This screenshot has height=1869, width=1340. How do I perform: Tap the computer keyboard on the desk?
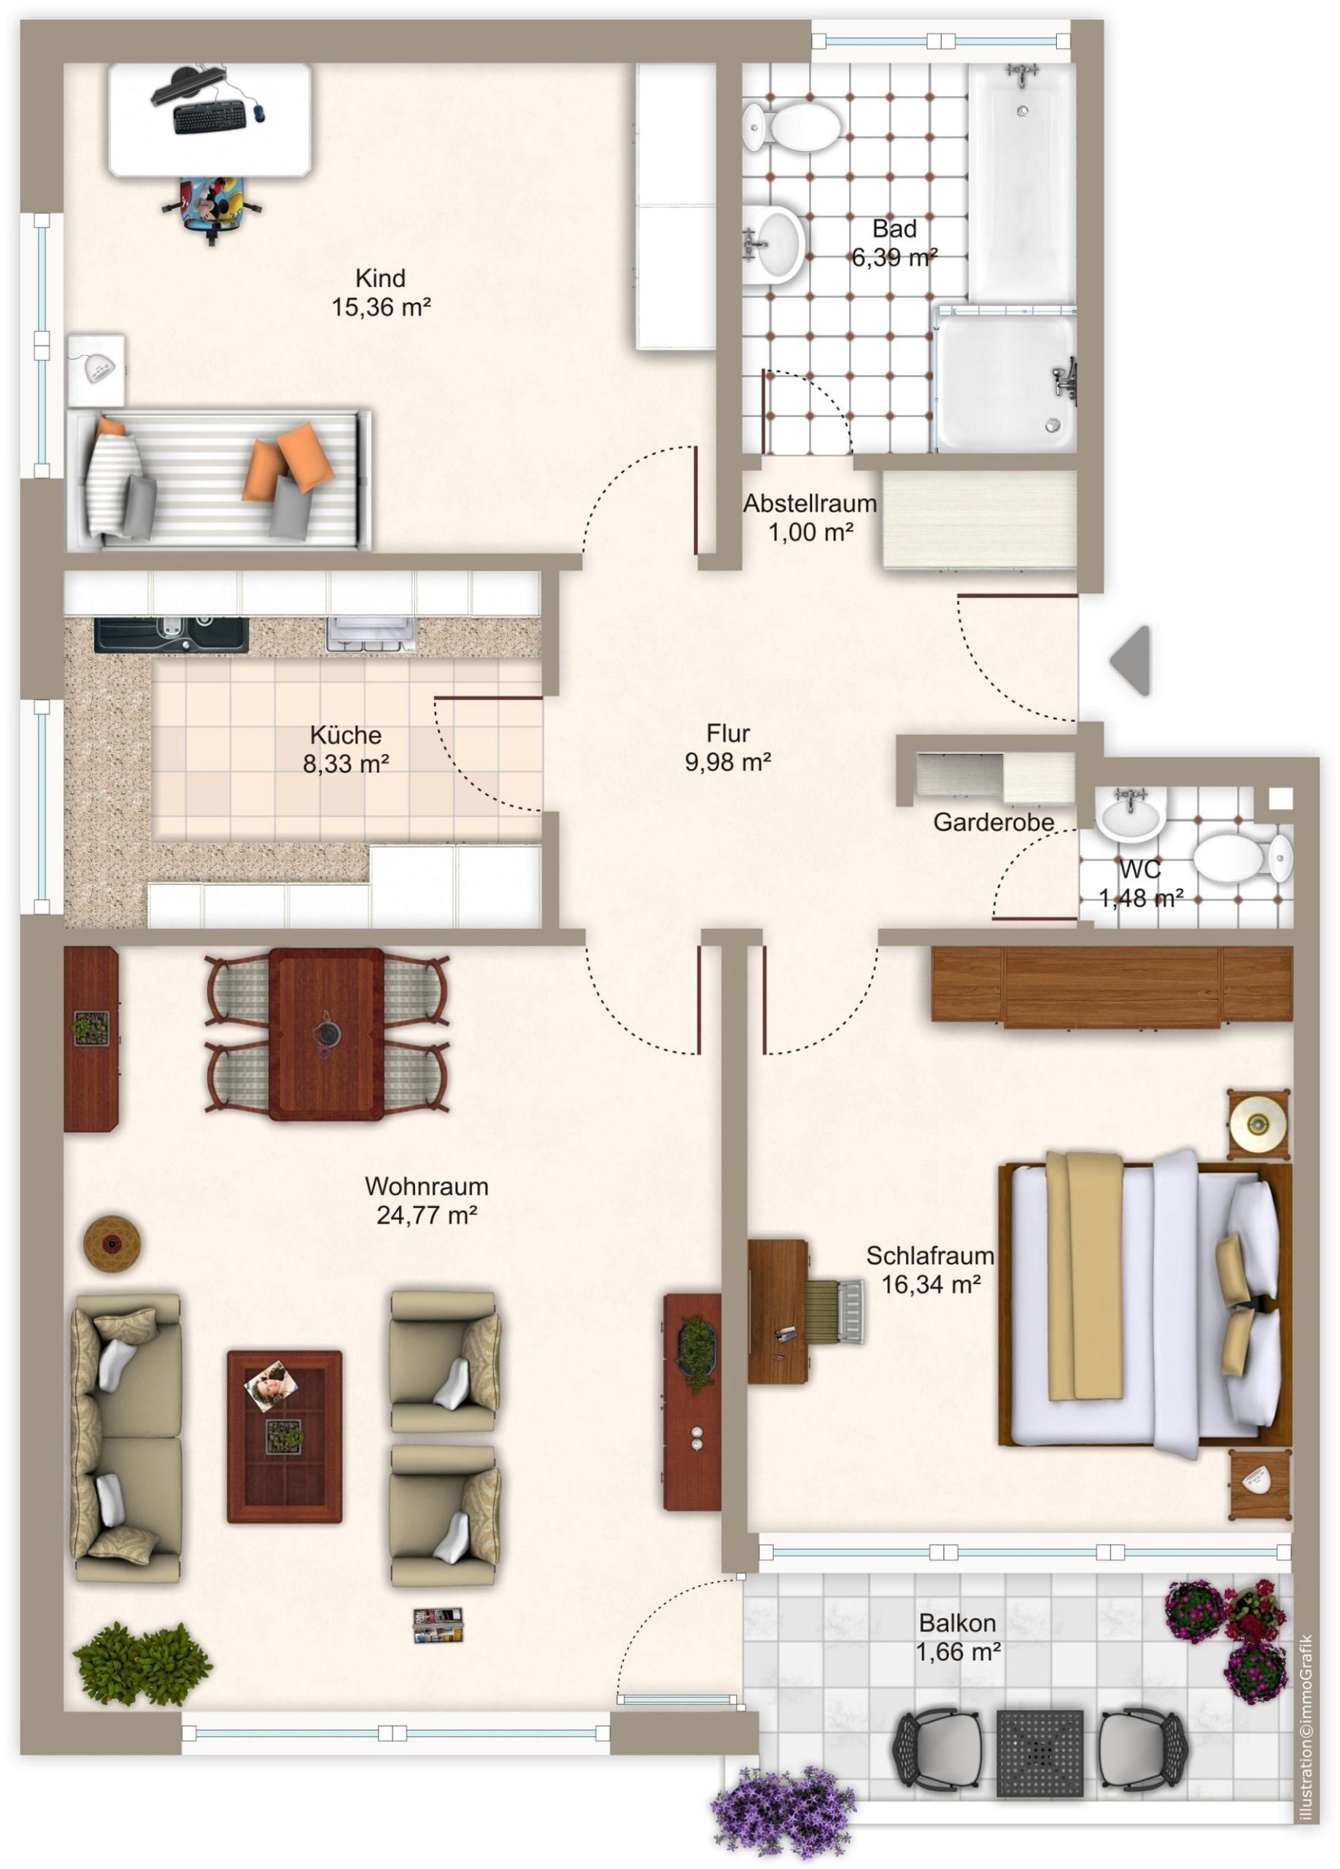(x=210, y=116)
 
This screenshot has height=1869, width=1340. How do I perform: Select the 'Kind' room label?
(x=381, y=277)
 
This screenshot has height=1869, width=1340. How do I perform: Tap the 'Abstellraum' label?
(x=810, y=504)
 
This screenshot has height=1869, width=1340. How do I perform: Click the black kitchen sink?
(x=171, y=634)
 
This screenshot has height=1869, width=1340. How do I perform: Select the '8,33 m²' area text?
(x=346, y=764)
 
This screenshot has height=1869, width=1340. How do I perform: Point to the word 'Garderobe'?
(x=994, y=821)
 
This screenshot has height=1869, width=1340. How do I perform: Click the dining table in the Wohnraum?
(x=326, y=1033)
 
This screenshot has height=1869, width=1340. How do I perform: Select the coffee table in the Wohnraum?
(x=284, y=1435)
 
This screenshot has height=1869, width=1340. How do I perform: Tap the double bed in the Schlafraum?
(x=1145, y=1305)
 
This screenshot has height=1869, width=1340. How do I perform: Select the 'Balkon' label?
(x=957, y=1623)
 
